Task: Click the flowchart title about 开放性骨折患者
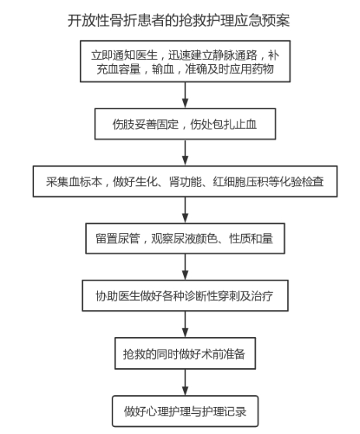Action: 178,20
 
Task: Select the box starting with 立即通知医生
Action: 185,61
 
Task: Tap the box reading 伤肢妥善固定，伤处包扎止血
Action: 185,124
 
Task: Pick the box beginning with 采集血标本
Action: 185,181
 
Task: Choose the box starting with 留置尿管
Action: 185,239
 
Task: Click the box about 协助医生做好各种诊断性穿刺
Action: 185,295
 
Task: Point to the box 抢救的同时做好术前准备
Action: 185,353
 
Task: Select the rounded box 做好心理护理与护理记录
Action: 185,412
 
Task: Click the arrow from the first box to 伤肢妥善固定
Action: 185,95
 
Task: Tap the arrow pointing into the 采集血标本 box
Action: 185,153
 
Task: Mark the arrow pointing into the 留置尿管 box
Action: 185,210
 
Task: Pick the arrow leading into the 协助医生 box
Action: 185,267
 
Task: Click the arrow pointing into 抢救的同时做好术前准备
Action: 185,324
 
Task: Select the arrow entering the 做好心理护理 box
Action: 185,382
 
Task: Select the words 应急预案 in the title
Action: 262,20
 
